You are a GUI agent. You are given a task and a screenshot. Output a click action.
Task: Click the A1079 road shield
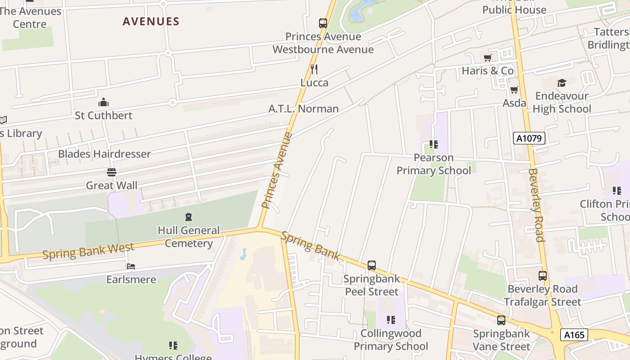click(x=529, y=138)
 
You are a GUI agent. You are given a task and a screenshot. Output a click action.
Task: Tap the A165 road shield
click(x=575, y=335)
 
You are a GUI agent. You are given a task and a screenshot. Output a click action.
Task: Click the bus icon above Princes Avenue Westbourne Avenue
click(x=323, y=23)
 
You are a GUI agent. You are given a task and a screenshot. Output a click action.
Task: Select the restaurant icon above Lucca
click(x=314, y=69)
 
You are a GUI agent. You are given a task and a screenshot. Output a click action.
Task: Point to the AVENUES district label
click(x=151, y=21)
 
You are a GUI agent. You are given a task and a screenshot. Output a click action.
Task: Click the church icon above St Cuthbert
click(x=103, y=102)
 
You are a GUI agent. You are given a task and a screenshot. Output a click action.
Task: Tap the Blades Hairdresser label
click(x=104, y=154)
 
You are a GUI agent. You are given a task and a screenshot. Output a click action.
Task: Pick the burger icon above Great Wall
click(x=111, y=172)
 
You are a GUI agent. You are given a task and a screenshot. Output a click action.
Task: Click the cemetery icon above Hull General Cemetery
click(x=189, y=217)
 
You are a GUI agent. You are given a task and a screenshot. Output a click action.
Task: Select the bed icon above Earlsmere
click(x=131, y=266)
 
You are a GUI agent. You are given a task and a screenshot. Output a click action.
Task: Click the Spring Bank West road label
click(x=88, y=251)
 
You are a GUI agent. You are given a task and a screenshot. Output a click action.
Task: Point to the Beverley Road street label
click(x=536, y=205)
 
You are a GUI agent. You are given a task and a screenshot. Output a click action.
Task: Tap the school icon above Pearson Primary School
click(x=434, y=144)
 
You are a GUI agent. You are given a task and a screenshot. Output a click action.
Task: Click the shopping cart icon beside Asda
click(x=514, y=90)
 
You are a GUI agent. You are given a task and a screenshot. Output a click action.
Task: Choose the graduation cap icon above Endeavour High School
click(x=562, y=83)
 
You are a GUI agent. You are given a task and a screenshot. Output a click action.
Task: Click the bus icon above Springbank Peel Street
click(x=371, y=265)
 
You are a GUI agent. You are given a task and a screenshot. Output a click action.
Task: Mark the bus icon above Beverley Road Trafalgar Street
click(x=543, y=276)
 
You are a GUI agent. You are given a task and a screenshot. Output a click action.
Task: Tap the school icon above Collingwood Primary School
click(x=391, y=320)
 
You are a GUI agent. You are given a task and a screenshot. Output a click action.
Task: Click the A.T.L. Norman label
click(x=303, y=109)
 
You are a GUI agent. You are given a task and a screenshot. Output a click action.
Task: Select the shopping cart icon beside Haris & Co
click(x=487, y=58)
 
